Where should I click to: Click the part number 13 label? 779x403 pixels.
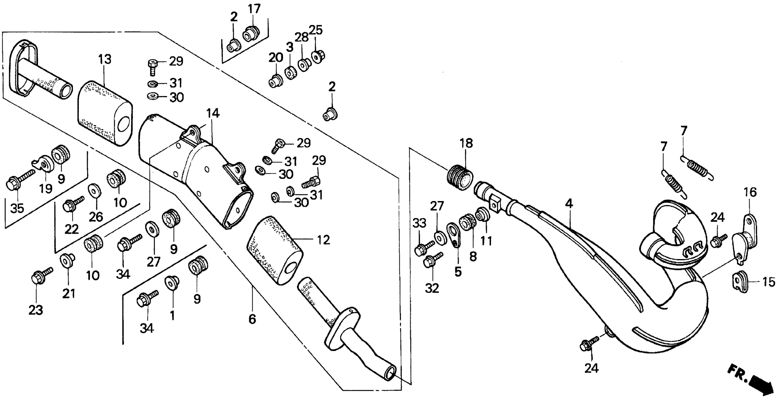coord(104,59)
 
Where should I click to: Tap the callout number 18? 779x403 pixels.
coord(466,143)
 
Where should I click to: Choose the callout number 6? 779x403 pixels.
coord(252,319)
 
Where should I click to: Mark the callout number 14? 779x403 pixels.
coord(213,113)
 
